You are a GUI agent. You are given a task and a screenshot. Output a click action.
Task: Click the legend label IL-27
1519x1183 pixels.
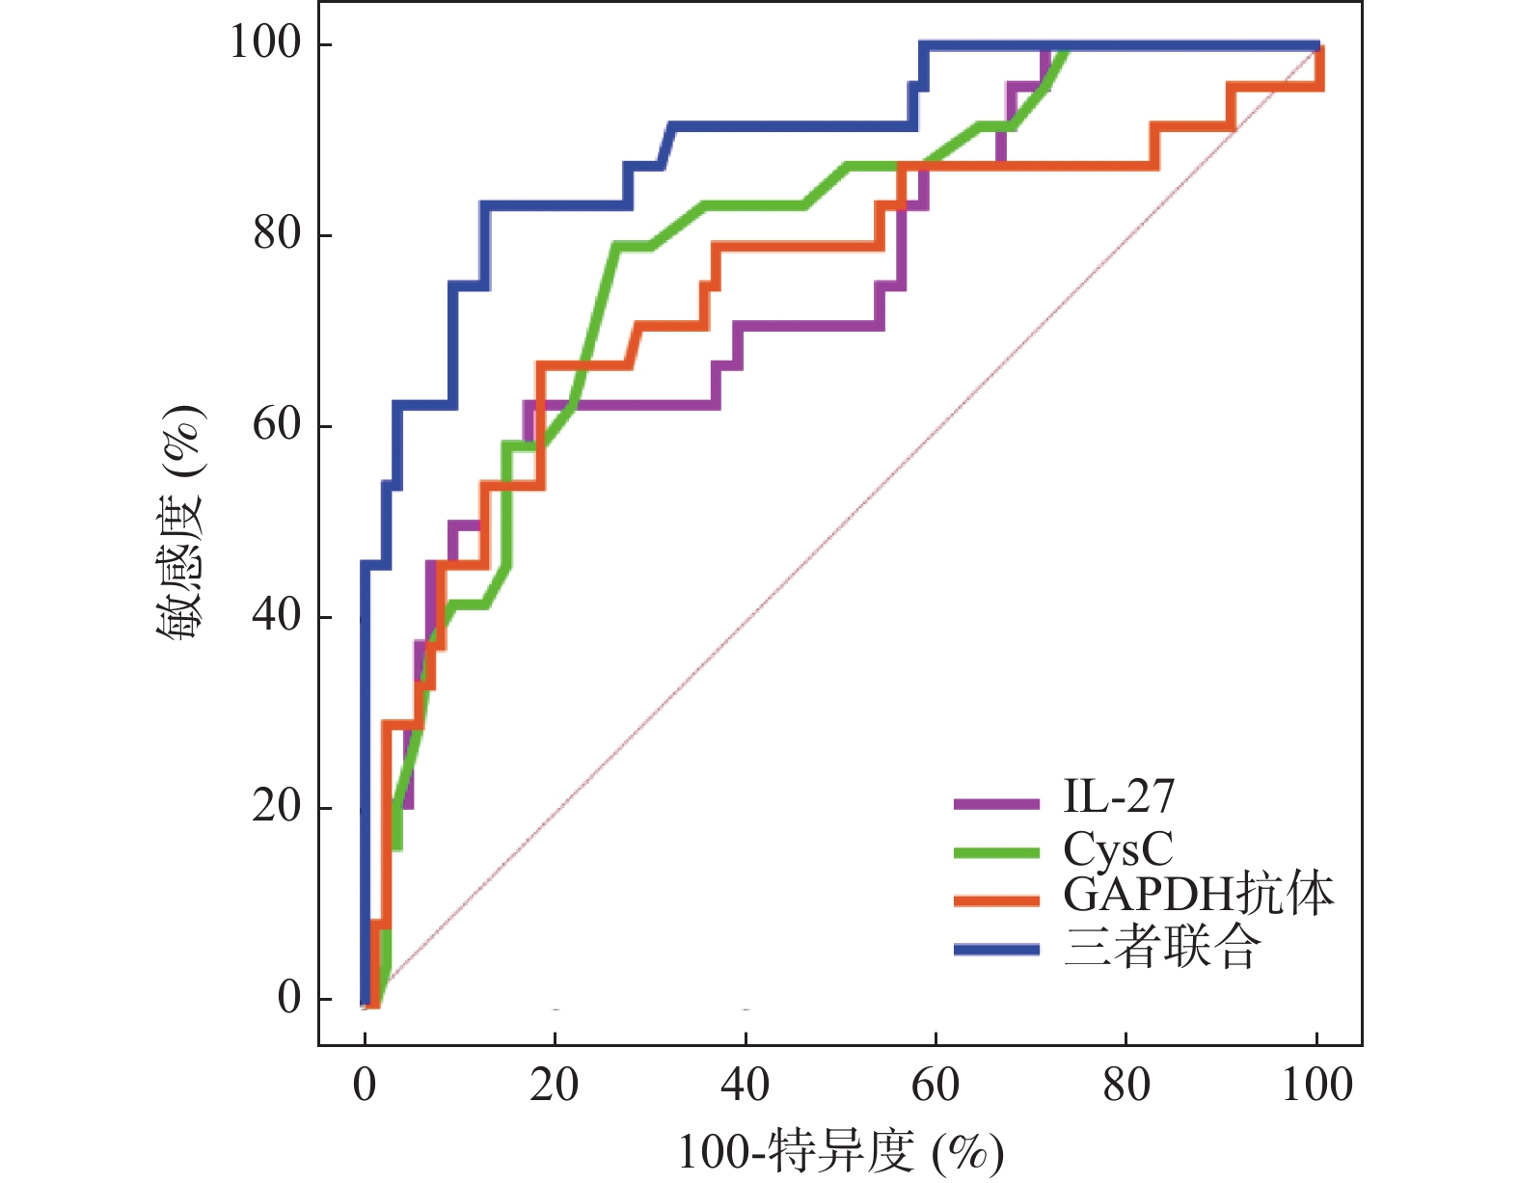[x=1119, y=797]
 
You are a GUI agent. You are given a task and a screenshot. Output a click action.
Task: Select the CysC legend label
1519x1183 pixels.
[x=1118, y=848]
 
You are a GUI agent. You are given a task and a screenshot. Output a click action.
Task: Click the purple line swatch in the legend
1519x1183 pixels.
[x=996, y=803]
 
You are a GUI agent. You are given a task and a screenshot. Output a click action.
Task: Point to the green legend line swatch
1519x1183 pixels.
[x=996, y=852]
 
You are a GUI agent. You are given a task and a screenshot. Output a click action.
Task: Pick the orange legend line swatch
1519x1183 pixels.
[x=996, y=901]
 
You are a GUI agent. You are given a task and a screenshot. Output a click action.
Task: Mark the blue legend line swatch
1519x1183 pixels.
[x=996, y=950]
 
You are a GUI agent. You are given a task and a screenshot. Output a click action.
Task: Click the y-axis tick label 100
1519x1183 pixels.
[x=265, y=42]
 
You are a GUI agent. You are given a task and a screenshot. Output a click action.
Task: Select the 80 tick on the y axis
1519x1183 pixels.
[x=279, y=233]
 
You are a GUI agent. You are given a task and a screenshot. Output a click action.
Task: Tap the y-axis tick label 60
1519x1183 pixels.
[x=279, y=424]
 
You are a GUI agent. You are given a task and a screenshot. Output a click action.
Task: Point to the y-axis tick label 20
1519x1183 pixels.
[x=279, y=806]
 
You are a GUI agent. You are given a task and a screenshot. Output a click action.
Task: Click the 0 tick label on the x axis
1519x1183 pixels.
[x=365, y=1086]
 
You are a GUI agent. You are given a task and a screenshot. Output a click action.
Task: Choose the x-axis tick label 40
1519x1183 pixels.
[x=746, y=1086]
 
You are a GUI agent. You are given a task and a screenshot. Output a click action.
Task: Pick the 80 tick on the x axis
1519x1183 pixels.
[x=1126, y=1086]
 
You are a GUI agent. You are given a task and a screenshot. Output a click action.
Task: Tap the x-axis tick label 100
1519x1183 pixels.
[x=1317, y=1086]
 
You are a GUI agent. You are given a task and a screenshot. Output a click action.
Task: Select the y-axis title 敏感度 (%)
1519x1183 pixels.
[x=181, y=521]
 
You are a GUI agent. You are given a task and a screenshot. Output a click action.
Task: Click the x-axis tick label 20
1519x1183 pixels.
[x=555, y=1086]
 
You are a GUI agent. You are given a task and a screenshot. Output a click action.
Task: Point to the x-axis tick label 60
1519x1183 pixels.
[x=936, y=1086]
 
